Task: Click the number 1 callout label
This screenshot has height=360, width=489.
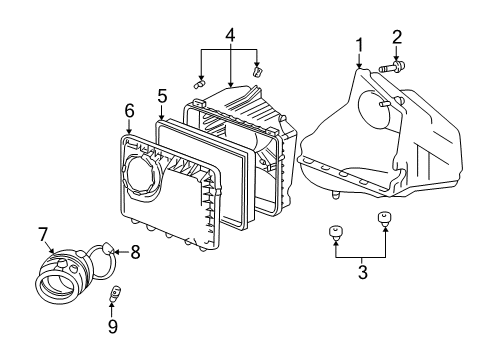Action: pos(359,45)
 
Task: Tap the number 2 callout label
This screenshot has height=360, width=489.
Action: pos(397,38)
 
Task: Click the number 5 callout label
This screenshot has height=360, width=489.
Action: pos(160,96)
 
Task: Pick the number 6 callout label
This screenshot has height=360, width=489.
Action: pos(129,109)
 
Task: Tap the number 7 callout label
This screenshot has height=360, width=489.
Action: pos(43,233)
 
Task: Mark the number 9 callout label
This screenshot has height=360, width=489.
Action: pos(114,326)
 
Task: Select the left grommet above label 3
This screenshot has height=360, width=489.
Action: pos(335,233)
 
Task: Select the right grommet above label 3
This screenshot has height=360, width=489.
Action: pos(383,218)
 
